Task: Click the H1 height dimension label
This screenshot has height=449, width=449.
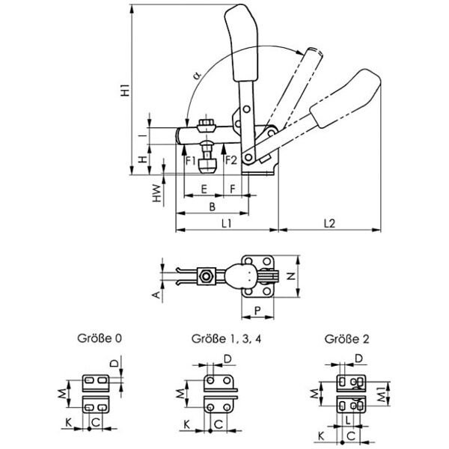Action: (x=126, y=90)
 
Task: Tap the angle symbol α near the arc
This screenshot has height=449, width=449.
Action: (x=196, y=76)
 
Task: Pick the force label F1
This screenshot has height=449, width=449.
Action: (x=190, y=159)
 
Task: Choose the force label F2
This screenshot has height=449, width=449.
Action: (x=230, y=159)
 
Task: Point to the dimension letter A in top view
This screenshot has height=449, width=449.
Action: (x=156, y=296)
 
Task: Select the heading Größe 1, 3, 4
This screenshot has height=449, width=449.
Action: (x=219, y=339)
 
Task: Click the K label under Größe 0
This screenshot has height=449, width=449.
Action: (x=68, y=424)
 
